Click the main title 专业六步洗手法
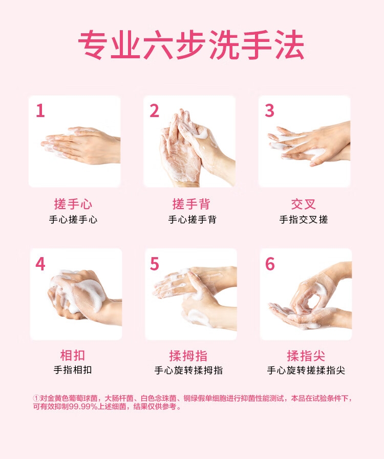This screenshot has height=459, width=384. point(191,45)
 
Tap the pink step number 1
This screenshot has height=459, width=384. point(40,110)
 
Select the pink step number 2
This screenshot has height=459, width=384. point(154,110)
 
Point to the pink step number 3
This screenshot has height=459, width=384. point(269,110)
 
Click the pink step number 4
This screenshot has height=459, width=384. point(40,264)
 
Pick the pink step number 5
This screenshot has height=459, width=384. point(155,264)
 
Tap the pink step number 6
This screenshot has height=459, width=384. point(270,264)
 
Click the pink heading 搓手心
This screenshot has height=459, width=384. point(73,204)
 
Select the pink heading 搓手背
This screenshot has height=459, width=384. point(191,204)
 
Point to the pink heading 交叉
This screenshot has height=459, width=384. point(304,204)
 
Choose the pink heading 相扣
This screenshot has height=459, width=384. point(73,355)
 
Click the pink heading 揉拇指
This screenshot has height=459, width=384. point(188,356)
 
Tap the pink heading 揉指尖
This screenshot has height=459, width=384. point(306,356)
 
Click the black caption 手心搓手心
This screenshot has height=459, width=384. point(73,220)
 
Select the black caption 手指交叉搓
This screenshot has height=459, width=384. point(304,220)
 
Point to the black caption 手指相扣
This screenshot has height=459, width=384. point(73,370)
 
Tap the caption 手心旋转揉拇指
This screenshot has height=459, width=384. point(188,371)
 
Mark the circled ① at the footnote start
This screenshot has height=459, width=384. point(36,398)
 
